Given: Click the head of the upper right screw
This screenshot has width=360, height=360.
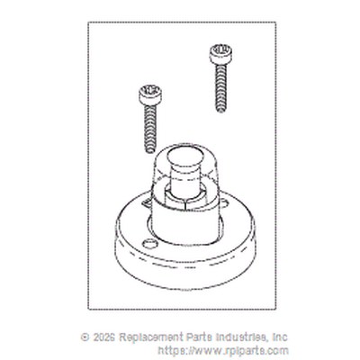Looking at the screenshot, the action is click(220, 54).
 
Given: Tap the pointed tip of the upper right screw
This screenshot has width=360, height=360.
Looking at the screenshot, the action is click(220, 111).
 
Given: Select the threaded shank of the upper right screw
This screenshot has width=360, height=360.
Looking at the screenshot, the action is click(220, 88).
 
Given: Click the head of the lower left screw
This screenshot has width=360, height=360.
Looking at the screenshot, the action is click(150, 95).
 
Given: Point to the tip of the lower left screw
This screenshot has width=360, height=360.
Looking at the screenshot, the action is click(149, 151).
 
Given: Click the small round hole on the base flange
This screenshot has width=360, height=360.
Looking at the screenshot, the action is click(149, 243).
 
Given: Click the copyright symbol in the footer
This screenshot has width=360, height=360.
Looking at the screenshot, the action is click(85, 337).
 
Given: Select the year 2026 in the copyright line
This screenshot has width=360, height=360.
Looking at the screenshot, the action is click(103, 337).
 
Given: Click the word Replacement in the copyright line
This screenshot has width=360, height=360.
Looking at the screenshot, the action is click(150, 337).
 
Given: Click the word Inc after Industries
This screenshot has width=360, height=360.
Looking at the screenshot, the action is click(280, 337).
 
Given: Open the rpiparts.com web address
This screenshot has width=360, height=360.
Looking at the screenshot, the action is click(223, 351).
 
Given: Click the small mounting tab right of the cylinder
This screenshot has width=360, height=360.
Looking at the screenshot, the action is click(224, 202).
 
